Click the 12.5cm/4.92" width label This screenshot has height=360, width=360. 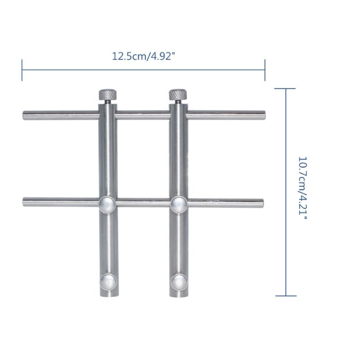click(144, 57)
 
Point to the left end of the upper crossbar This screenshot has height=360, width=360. click(25, 116)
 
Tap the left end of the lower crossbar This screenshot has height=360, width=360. click(25, 202)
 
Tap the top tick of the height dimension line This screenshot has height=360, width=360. click(285, 89)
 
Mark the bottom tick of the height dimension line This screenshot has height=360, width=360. click(285, 296)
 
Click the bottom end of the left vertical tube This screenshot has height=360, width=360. click(108, 296)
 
